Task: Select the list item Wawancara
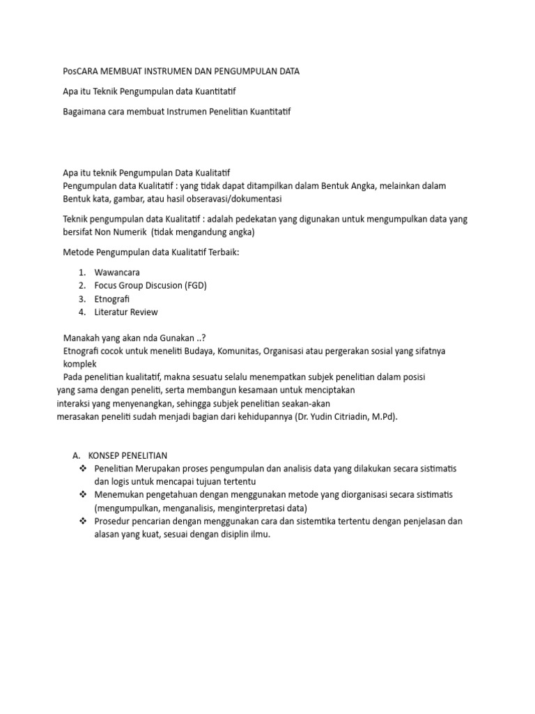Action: [x=117, y=272]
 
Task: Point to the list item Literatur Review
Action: [x=126, y=312]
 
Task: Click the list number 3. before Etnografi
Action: [x=82, y=298]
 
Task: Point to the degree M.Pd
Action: [x=384, y=417]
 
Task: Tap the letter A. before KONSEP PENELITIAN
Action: [x=77, y=455]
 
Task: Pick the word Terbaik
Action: [x=221, y=252]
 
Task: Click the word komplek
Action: [x=80, y=364]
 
